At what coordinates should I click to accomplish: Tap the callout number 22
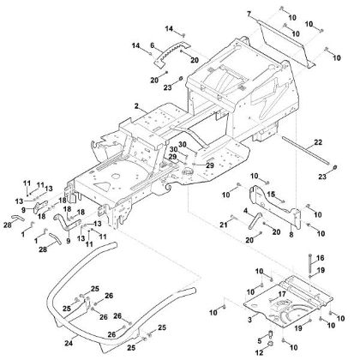click(318, 141)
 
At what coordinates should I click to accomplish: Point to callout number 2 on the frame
click(135, 105)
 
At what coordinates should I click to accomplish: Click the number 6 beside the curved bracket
click(152, 45)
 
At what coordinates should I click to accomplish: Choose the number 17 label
click(279, 294)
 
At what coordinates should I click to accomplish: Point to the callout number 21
click(223, 224)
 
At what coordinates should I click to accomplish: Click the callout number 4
click(245, 211)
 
